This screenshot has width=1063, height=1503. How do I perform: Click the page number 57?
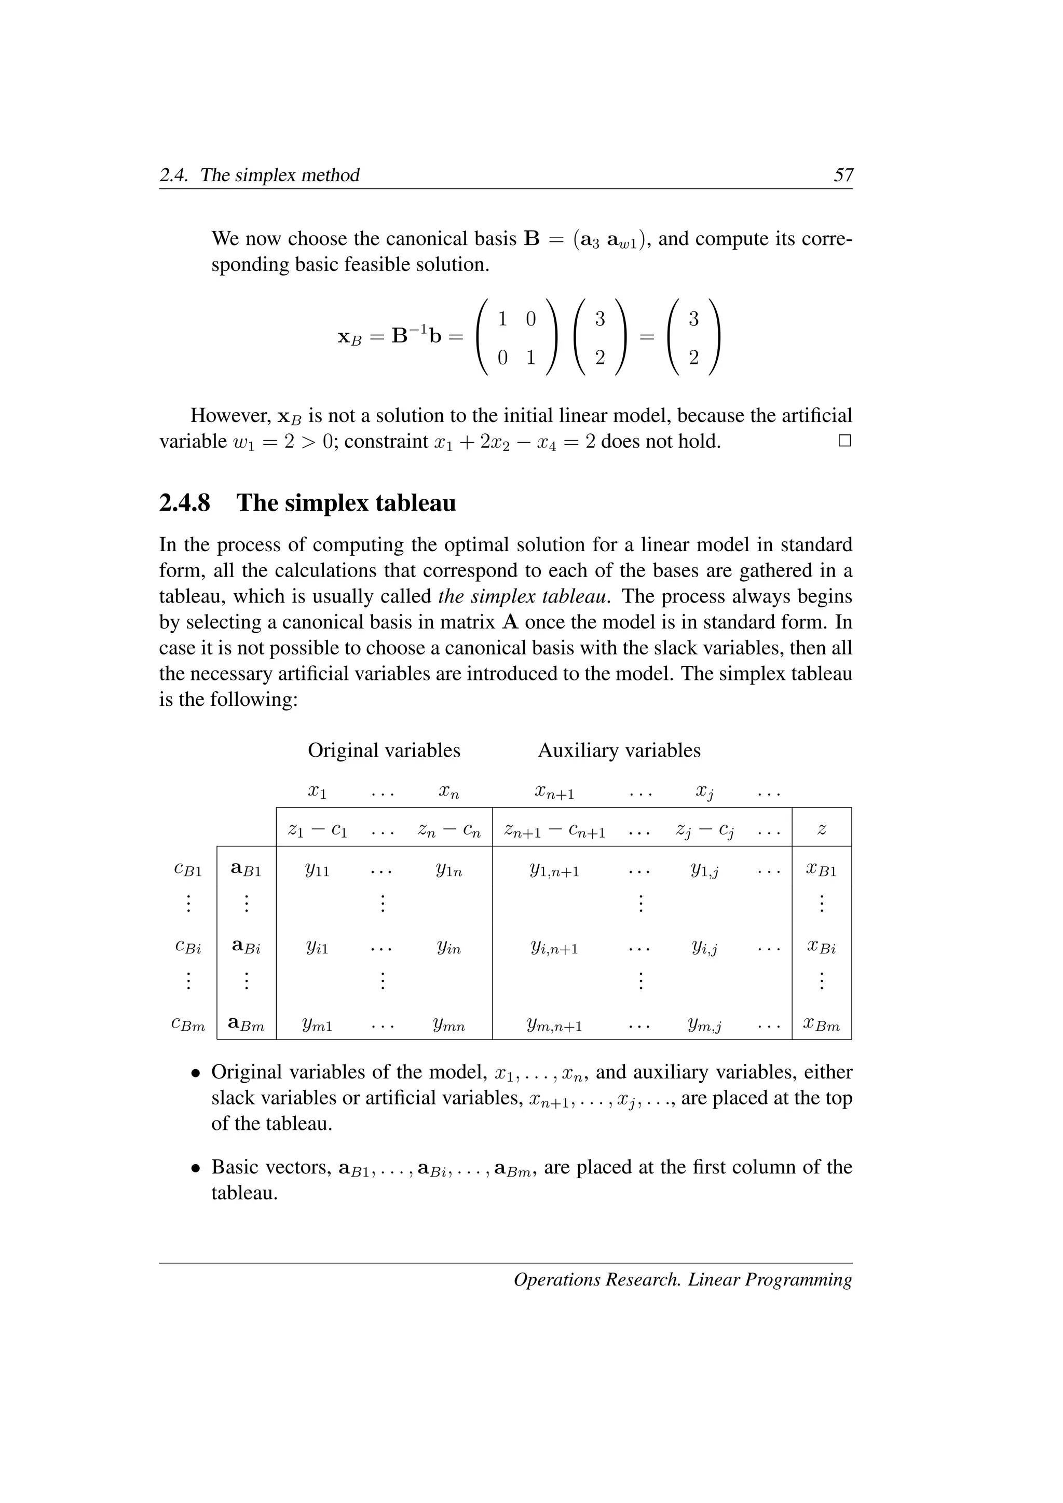843,175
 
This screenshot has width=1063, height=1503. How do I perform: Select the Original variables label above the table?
384,750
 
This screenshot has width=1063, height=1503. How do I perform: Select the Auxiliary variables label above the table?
619,750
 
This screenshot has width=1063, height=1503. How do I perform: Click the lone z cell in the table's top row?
822,829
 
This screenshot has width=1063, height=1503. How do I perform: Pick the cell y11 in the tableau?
318,871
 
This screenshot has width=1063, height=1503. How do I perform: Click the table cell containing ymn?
449,1025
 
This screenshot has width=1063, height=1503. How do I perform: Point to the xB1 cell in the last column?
822,871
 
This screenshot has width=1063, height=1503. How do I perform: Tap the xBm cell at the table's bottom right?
822,1025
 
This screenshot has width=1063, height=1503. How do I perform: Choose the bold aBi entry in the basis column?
246,947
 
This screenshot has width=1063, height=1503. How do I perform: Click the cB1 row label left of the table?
188,871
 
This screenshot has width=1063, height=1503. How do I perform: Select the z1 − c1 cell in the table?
318,830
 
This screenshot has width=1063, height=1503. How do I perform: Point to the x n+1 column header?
554,794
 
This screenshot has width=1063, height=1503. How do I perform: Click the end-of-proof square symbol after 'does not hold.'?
845,441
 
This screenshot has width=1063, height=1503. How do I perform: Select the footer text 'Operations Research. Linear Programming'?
683,1279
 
